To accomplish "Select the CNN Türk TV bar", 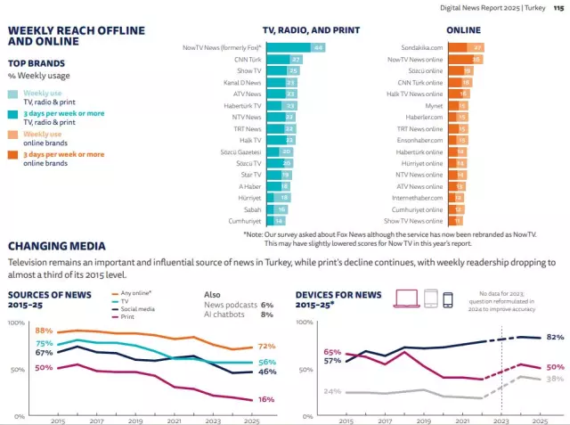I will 285,59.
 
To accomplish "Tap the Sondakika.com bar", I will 464,47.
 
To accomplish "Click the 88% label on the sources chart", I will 44,331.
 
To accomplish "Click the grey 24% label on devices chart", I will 332,391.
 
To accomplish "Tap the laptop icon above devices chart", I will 406,298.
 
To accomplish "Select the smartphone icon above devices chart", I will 447,298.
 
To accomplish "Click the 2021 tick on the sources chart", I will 175,420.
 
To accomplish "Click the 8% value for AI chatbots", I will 266,315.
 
